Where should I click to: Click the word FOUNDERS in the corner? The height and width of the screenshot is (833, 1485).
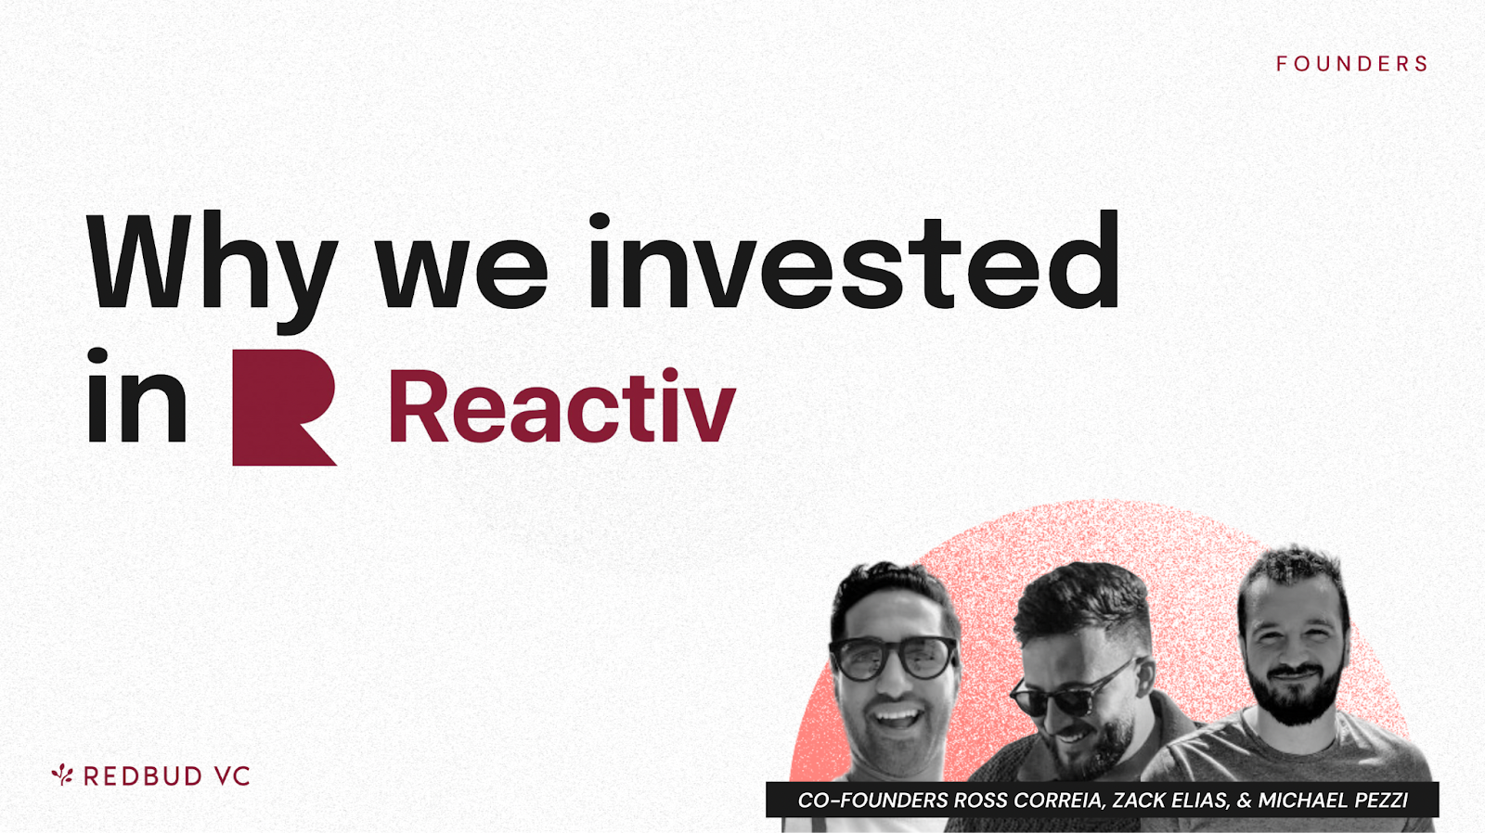[1351, 64]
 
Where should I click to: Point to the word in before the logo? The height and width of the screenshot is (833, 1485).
[136, 395]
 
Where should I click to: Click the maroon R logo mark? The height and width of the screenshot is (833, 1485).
[284, 407]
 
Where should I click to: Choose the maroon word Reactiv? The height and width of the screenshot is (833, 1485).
[562, 404]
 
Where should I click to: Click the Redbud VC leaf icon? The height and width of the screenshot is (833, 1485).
[62, 775]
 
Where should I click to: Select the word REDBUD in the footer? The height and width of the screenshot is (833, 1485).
[143, 776]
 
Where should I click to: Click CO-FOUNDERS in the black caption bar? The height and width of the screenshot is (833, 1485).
[872, 801]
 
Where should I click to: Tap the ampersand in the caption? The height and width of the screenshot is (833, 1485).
[1244, 801]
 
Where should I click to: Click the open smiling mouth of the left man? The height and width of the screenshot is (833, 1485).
[896, 716]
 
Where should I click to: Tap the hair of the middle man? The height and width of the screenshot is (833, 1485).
[1080, 600]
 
